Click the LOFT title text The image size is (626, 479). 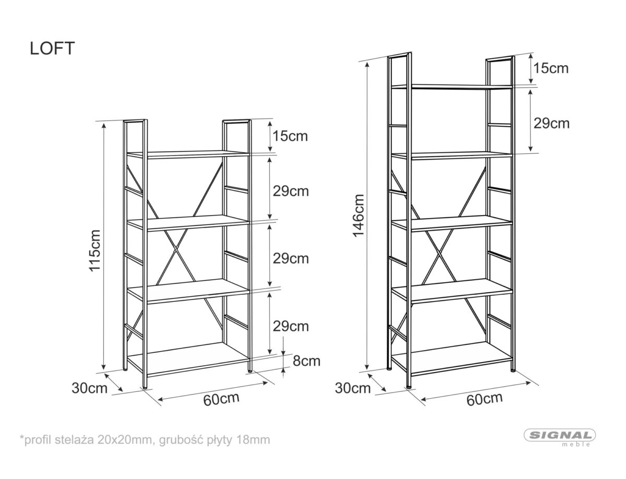[52, 48]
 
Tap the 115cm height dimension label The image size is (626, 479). [95, 250]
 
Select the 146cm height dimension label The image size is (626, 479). [358, 215]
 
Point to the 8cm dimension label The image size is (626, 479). [307, 361]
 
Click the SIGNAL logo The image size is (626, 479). [560, 435]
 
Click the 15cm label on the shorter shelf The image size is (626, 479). [291, 136]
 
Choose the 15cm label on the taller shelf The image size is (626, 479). [551, 68]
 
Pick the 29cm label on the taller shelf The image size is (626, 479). [551, 124]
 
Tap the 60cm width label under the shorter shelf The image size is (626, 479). [221, 399]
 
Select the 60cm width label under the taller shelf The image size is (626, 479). [485, 399]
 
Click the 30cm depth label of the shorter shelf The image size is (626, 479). [90, 388]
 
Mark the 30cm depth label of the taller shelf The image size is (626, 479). [353, 388]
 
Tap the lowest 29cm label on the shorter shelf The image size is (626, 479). [291, 326]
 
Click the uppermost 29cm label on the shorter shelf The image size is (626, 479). [291, 191]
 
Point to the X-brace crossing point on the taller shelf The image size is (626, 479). [438, 250]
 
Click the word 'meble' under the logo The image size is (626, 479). [576, 445]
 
